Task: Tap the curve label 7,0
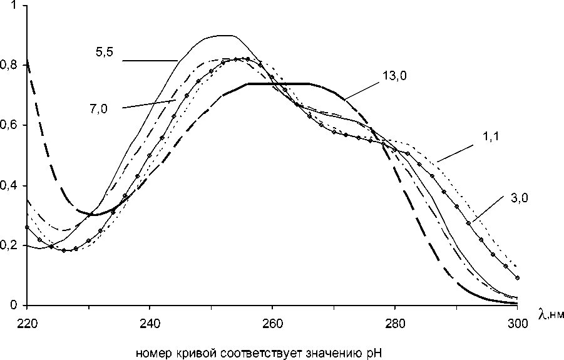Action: (x=98, y=108)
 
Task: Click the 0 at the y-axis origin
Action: (x=14, y=306)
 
